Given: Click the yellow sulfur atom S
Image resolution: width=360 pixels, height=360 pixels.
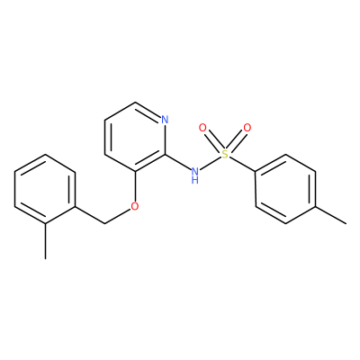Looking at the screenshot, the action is pyautogui.click(x=225, y=154).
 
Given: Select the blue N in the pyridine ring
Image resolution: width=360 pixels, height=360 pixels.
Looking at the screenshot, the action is pyautogui.click(x=165, y=120).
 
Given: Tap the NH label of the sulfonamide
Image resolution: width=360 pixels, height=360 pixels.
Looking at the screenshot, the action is pyautogui.click(x=195, y=175).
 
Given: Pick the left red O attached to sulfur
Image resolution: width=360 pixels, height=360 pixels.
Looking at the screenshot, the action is pyautogui.click(x=202, y=128).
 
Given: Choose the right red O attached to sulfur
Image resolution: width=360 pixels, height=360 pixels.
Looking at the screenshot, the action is pyautogui.click(x=247, y=128).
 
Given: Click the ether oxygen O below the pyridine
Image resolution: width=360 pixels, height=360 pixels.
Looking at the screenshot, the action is pyautogui.click(x=135, y=206).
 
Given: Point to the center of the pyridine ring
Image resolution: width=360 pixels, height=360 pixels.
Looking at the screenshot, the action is pyautogui.click(x=135, y=137).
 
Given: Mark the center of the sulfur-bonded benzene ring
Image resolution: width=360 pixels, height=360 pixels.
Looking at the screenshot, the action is pyautogui.click(x=285, y=189).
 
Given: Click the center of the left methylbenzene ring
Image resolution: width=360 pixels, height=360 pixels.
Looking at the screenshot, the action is pyautogui.click(x=45, y=189).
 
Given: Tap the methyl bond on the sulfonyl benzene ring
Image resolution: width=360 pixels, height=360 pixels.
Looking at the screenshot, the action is pyautogui.click(x=331, y=215).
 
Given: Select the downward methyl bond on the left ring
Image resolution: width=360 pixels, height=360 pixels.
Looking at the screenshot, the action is pyautogui.click(x=45, y=241).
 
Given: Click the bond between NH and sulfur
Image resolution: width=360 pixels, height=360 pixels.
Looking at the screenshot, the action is pyautogui.click(x=210, y=163).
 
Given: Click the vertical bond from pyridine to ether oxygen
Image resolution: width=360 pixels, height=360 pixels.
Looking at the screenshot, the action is pyautogui.click(x=135, y=186).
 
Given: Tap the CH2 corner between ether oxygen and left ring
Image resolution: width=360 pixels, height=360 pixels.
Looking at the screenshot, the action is pyautogui.click(x=105, y=223).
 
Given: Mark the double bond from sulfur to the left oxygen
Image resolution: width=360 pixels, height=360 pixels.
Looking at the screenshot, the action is pyautogui.click(x=212, y=140).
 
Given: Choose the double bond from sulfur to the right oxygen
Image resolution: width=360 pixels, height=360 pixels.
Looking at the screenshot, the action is pyautogui.click(x=237, y=140).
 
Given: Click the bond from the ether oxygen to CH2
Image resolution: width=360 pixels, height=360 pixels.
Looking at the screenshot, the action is pyautogui.click(x=118, y=216).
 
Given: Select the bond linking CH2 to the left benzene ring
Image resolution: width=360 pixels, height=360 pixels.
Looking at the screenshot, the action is pyautogui.click(x=90, y=215).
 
